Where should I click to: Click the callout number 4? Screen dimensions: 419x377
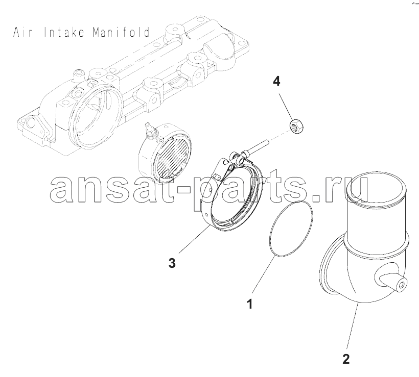(x=276, y=81)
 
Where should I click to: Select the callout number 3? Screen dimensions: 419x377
(x=172, y=263)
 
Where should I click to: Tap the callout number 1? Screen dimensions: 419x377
(x=249, y=304)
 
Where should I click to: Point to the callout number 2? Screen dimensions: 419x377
(x=346, y=359)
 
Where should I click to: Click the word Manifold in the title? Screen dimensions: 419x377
(x=121, y=32)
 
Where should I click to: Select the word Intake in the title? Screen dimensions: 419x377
(x=64, y=32)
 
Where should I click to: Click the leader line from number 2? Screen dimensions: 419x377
(x=353, y=326)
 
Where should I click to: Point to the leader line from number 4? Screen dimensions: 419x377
(x=286, y=106)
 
